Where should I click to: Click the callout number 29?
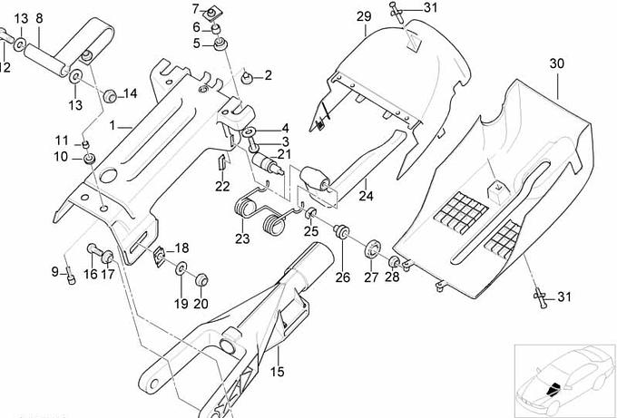tap(363, 18)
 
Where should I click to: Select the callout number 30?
tap(556, 63)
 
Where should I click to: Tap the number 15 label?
tap(277, 371)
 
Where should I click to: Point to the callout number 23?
tap(241, 238)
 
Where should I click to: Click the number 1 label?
tap(113, 124)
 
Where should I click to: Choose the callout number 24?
tap(365, 195)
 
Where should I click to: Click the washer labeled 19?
tap(180, 269)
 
